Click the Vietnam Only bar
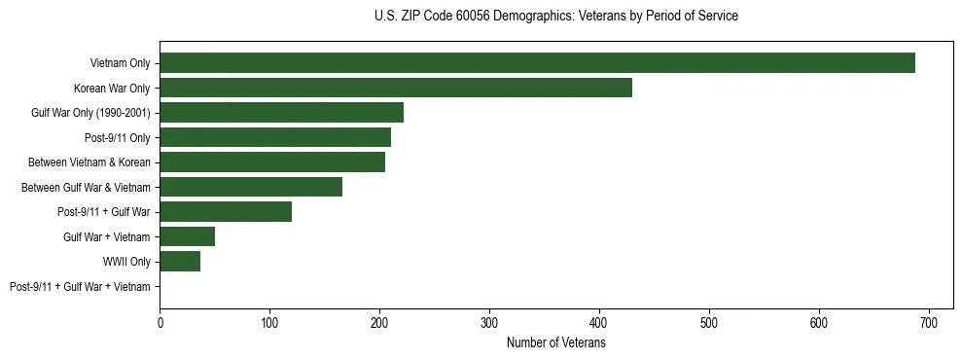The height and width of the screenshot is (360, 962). (537, 62)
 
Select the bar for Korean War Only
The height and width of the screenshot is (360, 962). (396, 88)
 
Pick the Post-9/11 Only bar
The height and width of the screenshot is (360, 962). (275, 137)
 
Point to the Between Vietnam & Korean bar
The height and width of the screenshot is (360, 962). (272, 162)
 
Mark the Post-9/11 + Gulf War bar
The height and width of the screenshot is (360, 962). (226, 211)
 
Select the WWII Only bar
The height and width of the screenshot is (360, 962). (180, 261)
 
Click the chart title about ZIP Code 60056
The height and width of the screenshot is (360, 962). (555, 17)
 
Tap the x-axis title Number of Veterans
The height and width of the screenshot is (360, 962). (555, 343)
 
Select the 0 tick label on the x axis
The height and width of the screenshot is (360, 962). (160, 322)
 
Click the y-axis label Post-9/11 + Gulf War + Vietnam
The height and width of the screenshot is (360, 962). (80, 287)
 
